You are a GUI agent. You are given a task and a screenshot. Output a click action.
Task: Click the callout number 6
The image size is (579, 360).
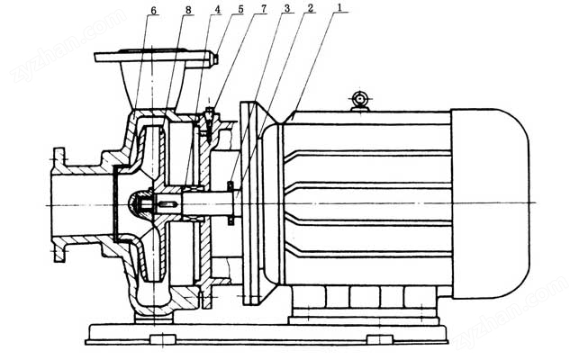pyautogui.click(x=153, y=10)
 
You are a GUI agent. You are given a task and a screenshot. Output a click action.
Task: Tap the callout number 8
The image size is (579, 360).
pyautogui.click(x=188, y=10)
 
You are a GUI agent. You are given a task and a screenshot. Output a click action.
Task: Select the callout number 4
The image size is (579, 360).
pyautogui.click(x=218, y=9)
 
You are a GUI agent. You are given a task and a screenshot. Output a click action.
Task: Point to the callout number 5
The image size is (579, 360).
pyautogui.click(x=240, y=9)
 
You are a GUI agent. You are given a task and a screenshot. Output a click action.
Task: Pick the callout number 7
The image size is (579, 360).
pyautogui.click(x=263, y=9)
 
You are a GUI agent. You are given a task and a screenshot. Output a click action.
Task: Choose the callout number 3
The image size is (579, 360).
pyautogui.click(x=287, y=8)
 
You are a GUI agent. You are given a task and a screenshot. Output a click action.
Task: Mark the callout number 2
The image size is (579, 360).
pyautogui.click(x=310, y=8)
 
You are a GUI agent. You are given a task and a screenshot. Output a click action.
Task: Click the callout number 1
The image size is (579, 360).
pyautogui.click(x=338, y=7)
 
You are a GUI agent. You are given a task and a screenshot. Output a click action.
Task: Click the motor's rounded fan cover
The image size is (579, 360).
pyautogui.click(x=491, y=203)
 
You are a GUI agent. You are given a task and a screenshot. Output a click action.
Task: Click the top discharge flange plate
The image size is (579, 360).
pyautogui.click(x=154, y=57)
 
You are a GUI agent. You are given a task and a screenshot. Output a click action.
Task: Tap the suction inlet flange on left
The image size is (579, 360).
pyautogui.click(x=59, y=205)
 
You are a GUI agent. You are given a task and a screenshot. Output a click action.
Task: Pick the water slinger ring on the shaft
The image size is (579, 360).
pyautogui.click(x=231, y=202)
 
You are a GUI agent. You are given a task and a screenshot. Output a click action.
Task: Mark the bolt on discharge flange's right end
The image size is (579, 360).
pyautogui.click(x=215, y=59)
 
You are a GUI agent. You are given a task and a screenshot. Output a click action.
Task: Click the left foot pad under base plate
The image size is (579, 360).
pyautogui.click(x=163, y=338)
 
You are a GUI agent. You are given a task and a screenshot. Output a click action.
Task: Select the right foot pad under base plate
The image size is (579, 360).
pyautogui.click(x=380, y=338)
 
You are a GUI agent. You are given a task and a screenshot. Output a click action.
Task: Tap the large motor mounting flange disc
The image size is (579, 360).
pyautogui.click(x=249, y=203)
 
